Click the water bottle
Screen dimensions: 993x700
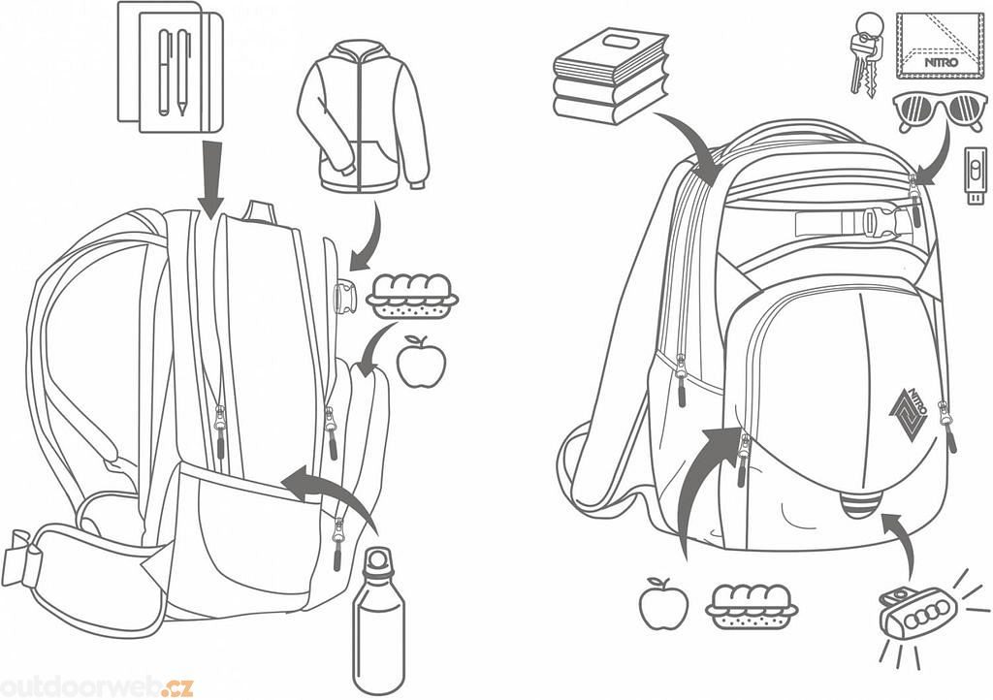point(378,622)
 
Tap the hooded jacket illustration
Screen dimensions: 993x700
point(364,116)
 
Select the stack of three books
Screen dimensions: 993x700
point(611,76)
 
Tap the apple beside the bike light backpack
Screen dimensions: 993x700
point(663,604)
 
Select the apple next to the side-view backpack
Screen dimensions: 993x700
point(421,362)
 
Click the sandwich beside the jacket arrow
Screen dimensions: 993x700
point(412,297)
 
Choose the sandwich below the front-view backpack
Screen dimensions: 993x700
point(752,607)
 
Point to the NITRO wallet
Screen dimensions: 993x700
point(939,46)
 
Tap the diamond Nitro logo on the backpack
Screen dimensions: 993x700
point(908,413)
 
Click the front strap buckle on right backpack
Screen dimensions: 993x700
point(877,221)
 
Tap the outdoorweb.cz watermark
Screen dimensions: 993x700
point(96,686)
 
